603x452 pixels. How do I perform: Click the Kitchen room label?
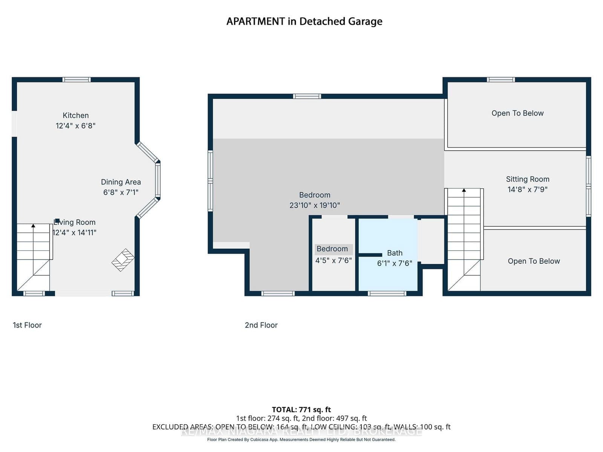click(76, 116)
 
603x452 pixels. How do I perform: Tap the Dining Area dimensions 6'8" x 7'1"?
click(121, 192)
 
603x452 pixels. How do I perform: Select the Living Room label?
click(75, 222)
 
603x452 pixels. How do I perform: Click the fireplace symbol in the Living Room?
click(123, 260)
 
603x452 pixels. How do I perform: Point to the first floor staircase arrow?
click(33, 226)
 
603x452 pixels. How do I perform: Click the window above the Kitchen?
click(77, 79)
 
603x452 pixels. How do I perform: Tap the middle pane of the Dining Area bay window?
click(158, 180)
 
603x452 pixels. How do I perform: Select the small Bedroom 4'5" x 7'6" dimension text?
click(334, 260)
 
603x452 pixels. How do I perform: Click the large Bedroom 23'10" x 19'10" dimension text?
click(315, 205)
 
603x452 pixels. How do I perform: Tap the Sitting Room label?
click(528, 179)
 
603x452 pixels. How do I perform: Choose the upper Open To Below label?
click(517, 113)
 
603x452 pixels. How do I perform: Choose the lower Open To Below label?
click(534, 261)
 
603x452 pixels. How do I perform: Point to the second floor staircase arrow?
click(464, 190)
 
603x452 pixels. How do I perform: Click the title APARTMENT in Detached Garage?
click(304, 21)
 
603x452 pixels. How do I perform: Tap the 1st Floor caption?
click(27, 325)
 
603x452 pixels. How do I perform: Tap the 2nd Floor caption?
click(261, 325)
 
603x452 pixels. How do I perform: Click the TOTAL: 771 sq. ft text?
click(301, 409)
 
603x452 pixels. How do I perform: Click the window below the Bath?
click(387, 293)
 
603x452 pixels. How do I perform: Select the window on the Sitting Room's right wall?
click(588, 186)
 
